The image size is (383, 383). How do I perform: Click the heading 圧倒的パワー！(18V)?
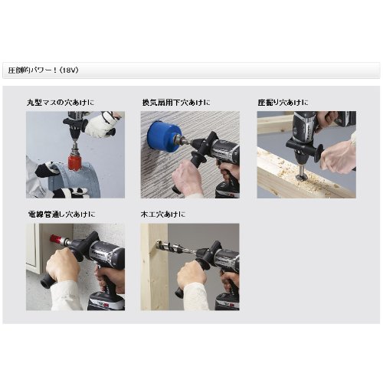tap(43, 70)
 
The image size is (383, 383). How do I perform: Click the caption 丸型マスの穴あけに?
tap(61, 103)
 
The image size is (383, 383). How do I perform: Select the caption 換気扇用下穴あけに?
tap(176, 103)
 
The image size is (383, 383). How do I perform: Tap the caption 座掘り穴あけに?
tap(283, 103)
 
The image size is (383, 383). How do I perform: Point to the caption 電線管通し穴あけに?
tap(61, 214)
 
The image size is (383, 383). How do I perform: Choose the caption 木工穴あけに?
tap(163, 214)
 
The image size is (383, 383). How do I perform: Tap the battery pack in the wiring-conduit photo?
tap(106, 303)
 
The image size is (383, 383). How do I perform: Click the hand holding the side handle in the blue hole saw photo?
tap(185, 178)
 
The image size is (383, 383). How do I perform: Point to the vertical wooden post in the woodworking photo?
tap(154, 267)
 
